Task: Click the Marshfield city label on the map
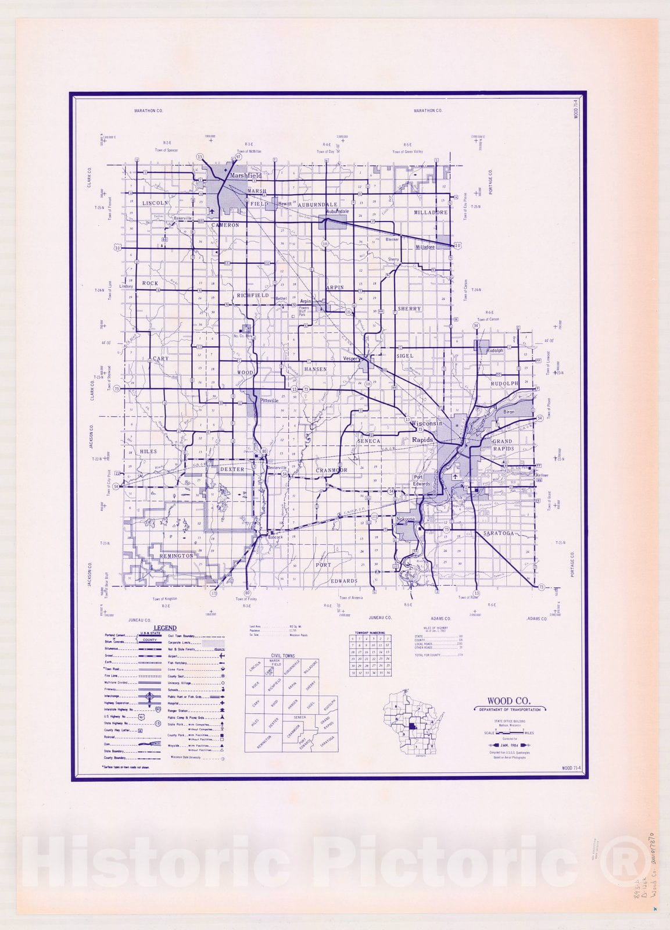tap(246, 175)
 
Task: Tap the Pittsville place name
tap(270, 400)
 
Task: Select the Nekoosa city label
tap(404, 518)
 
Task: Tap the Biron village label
tap(509, 412)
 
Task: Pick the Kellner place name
tap(542, 475)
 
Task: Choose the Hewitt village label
tap(284, 204)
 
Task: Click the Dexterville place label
tap(277, 468)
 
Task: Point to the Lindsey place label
tap(126, 286)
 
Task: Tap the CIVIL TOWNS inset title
tap(282, 656)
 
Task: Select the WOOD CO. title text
tap(508, 702)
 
